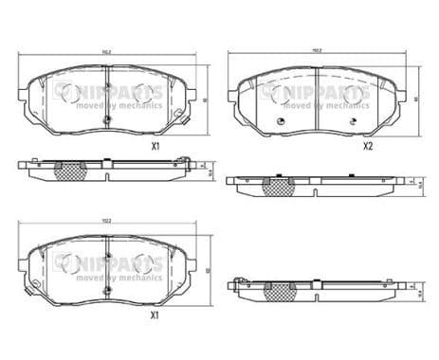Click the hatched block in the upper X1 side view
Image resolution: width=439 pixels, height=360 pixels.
click(x=70, y=171)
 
